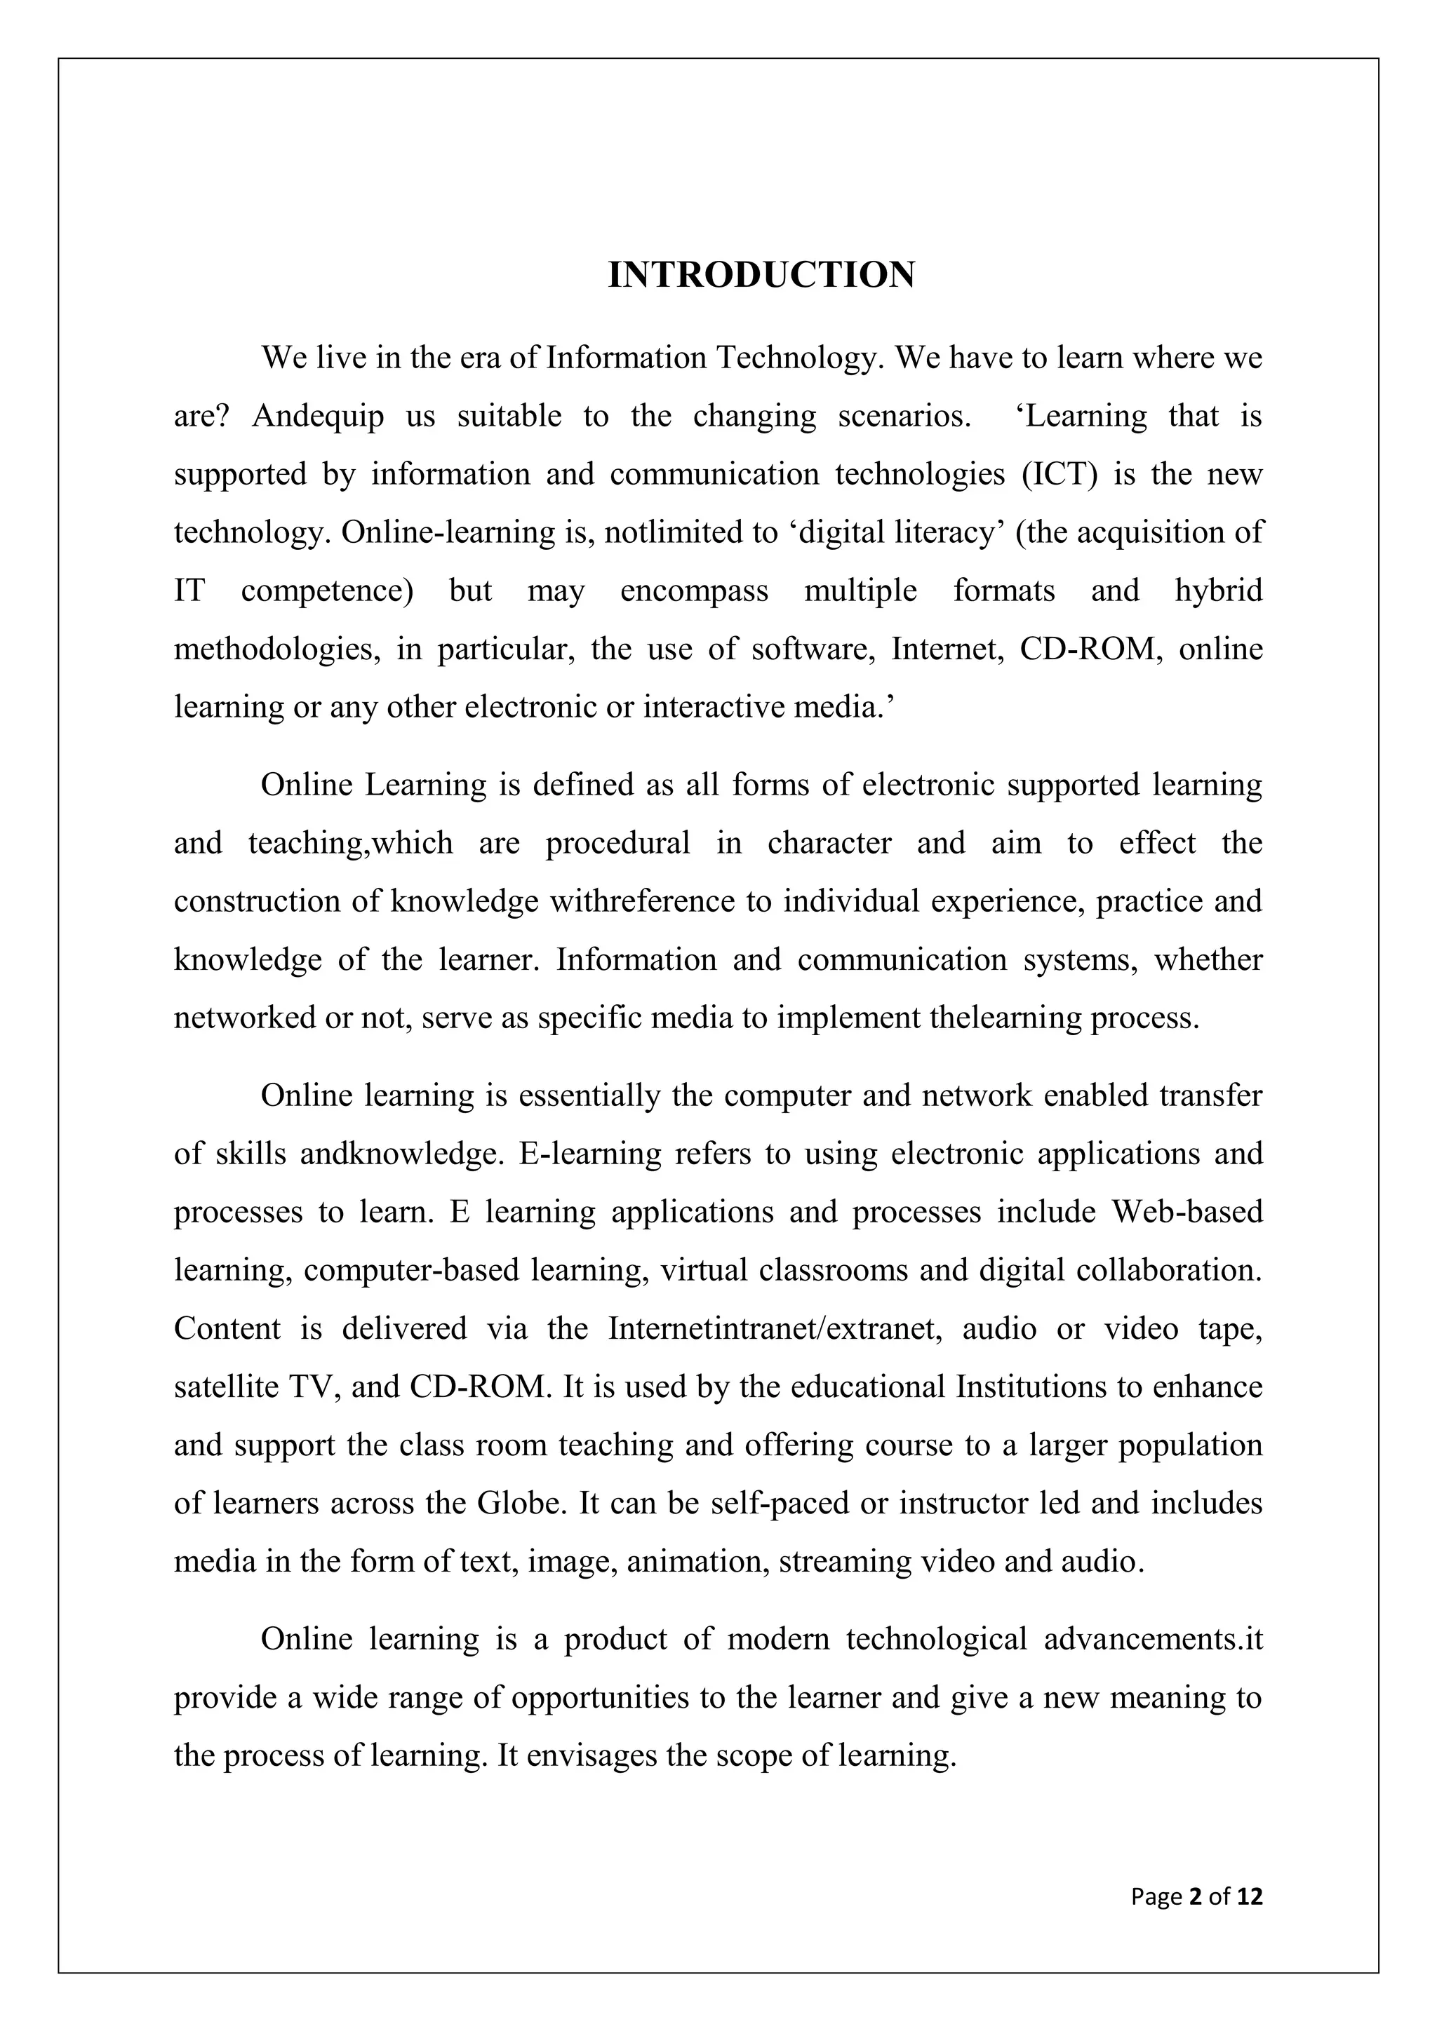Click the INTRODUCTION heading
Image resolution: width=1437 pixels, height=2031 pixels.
point(761,275)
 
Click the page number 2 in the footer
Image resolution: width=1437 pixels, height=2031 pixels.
point(1196,1896)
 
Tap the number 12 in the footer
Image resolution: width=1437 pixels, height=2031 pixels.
point(1250,1896)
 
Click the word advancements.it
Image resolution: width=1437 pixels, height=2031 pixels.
point(1153,1640)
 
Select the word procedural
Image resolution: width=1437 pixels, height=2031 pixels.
point(617,843)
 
